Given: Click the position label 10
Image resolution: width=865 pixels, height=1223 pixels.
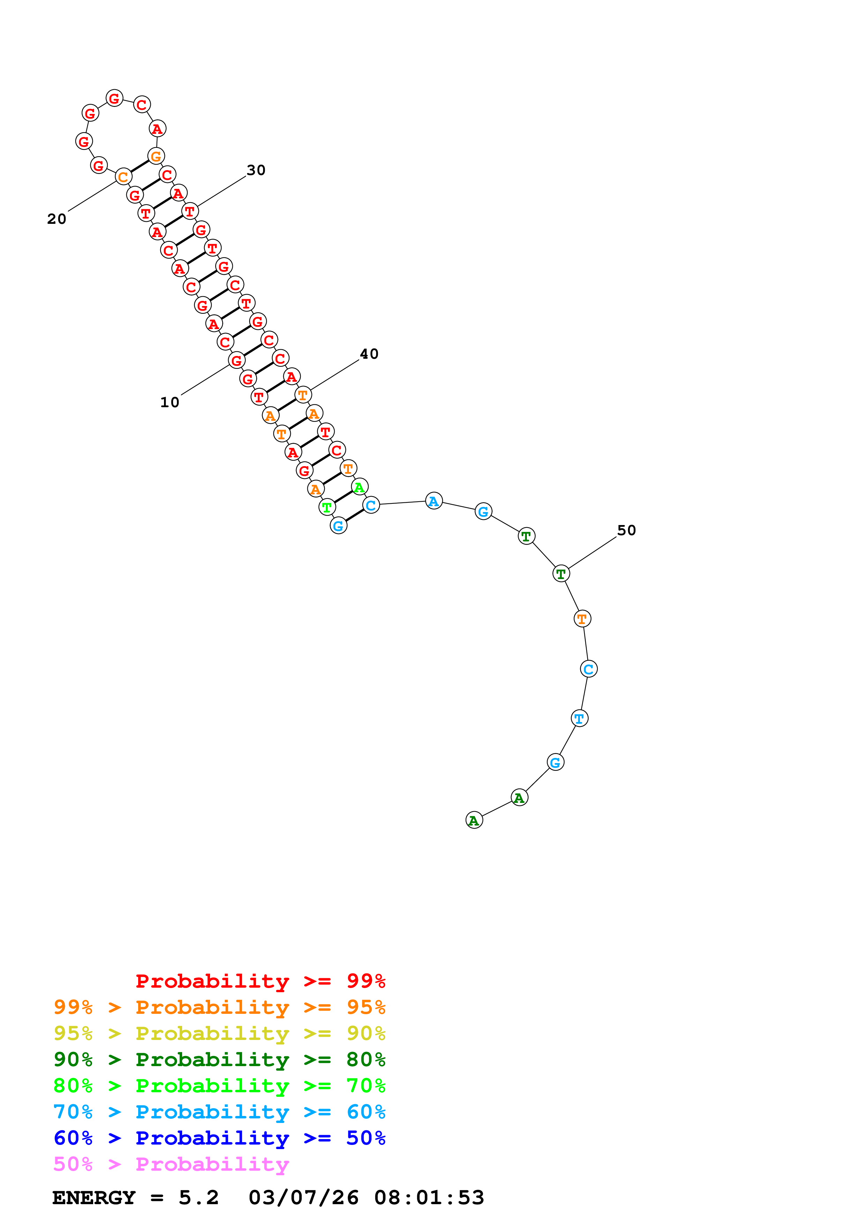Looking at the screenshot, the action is pyautogui.click(x=170, y=403).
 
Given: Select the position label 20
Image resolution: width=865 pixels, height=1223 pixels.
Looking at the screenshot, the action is pyautogui.click(x=57, y=219).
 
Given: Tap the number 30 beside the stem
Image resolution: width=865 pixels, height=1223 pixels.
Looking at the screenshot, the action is pyautogui.click(x=256, y=170).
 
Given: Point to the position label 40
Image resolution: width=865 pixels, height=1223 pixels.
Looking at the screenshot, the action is pyautogui.click(x=369, y=354).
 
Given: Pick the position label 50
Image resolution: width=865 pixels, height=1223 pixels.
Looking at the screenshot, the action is pyautogui.click(x=626, y=531).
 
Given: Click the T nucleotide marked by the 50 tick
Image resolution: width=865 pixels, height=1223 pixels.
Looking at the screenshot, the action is pyautogui.click(x=561, y=574).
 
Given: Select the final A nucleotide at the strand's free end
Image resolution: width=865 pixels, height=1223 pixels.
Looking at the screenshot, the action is pyautogui.click(x=474, y=820).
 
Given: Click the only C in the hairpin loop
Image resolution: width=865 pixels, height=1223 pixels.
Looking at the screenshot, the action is pyautogui.click(x=142, y=104).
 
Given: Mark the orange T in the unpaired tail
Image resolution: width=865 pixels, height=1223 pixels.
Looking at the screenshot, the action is pyautogui.click(x=582, y=619).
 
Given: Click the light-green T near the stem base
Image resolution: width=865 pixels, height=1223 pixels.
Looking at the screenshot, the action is pyautogui.click(x=327, y=507).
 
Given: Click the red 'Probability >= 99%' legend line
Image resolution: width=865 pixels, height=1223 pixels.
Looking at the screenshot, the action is pyautogui.click(x=260, y=981).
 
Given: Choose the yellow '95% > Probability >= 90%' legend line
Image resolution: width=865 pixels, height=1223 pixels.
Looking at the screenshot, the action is pyautogui.click(x=219, y=1034).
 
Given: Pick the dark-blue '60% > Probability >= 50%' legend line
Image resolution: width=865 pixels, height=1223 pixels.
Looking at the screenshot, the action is pyautogui.click(x=219, y=1138).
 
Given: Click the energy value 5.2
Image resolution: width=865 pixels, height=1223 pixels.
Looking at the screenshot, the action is pyautogui.click(x=198, y=1198).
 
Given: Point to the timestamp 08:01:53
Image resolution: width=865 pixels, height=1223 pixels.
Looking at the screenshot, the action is pyautogui.click(x=429, y=1198).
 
